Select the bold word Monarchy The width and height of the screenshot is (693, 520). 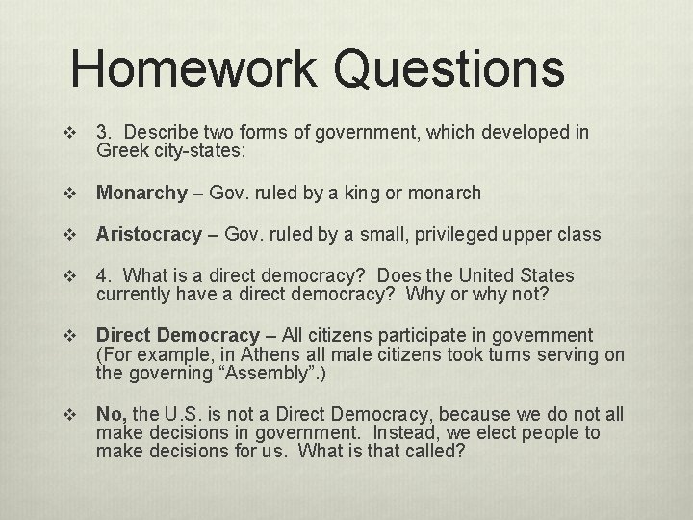pyautogui.click(x=141, y=194)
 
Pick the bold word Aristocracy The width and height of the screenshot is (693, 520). pyautogui.click(x=148, y=235)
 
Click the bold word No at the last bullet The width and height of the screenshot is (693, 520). pyautogui.click(x=110, y=415)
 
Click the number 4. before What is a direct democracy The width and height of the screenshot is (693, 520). pyautogui.click(x=104, y=276)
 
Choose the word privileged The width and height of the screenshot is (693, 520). pyautogui.click(x=463, y=235)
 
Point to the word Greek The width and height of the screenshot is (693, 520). pyautogui.click(x=119, y=150)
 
